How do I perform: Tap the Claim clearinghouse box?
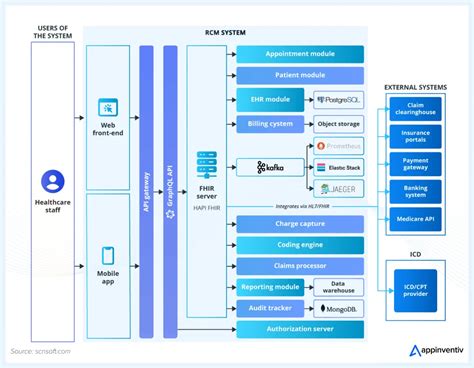(417, 108)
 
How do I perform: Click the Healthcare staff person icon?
(52, 181)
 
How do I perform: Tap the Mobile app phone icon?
(108, 255)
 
